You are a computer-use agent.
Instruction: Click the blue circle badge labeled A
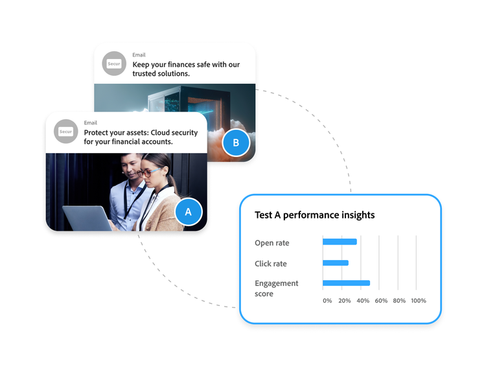(x=189, y=212)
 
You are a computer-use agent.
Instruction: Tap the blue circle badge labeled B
(x=236, y=143)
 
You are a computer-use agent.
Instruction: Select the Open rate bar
(x=340, y=242)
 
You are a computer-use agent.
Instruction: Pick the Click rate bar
(x=336, y=263)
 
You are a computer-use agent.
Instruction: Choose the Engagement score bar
(x=346, y=283)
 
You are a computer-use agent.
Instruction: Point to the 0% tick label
(x=327, y=301)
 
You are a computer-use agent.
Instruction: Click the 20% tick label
(x=345, y=301)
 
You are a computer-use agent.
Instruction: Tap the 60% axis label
(x=381, y=301)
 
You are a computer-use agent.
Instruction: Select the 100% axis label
(x=419, y=301)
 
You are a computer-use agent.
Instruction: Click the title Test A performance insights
(x=315, y=215)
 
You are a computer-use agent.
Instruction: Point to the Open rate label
(x=272, y=243)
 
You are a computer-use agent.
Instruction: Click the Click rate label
(x=271, y=264)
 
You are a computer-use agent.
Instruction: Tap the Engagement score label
(x=277, y=288)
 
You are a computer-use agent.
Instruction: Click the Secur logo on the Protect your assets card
(x=66, y=132)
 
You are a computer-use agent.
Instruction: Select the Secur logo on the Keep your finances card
(x=115, y=64)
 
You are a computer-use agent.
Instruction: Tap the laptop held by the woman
(x=87, y=218)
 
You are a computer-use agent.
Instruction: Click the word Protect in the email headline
(x=98, y=133)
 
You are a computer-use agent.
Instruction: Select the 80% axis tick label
(x=400, y=301)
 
